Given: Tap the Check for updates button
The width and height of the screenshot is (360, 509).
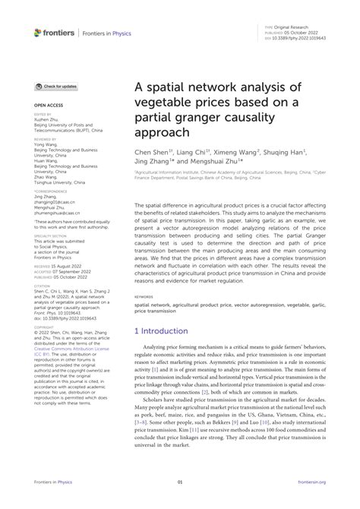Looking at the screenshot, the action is point(56,87).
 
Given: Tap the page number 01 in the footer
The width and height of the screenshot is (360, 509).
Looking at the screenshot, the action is point(180,502).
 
